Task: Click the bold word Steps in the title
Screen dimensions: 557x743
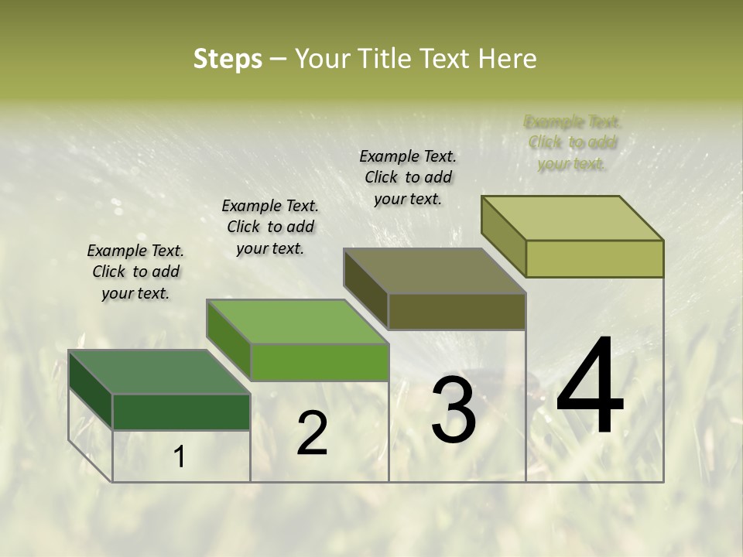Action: (228, 59)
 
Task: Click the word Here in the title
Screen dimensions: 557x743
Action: (507, 59)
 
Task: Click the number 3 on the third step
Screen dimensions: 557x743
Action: (453, 410)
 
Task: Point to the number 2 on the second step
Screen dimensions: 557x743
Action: (312, 433)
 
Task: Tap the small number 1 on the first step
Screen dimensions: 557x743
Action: (180, 457)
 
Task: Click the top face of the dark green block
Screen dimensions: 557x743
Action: (159, 372)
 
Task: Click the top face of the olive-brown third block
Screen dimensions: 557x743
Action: (434, 271)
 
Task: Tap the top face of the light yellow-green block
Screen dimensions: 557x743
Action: (572, 218)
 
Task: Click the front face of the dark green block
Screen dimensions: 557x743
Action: (181, 412)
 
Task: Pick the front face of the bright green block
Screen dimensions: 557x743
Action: (320, 362)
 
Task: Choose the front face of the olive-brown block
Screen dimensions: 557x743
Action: (457, 311)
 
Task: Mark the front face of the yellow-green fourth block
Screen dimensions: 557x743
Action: (594, 258)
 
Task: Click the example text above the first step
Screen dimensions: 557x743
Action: (135, 272)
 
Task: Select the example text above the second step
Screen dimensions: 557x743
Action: (270, 227)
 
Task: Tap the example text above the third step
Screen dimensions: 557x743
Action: (408, 177)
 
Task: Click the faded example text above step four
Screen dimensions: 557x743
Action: (573, 142)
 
